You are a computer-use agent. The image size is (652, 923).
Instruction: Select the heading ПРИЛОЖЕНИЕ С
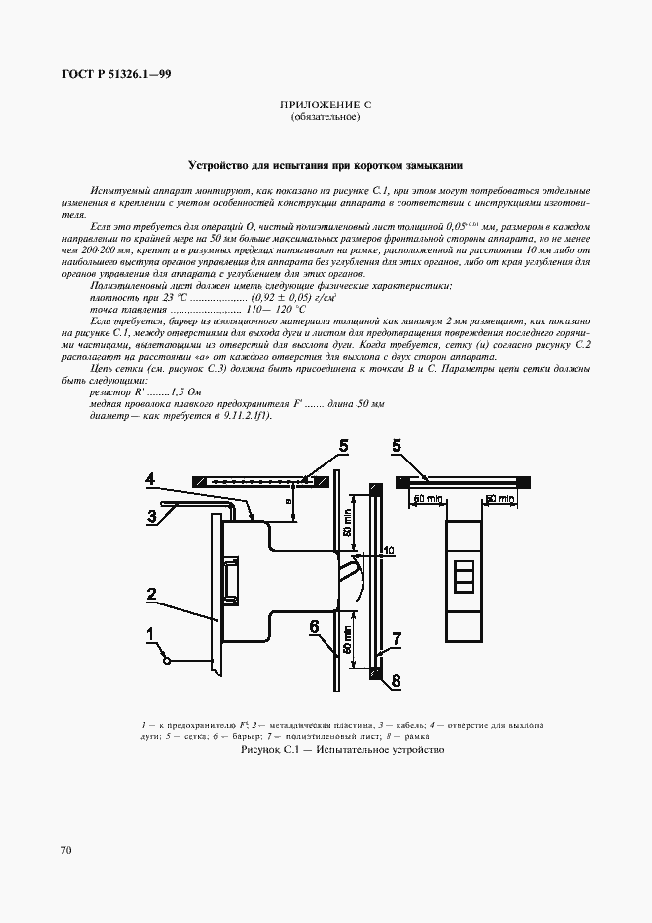coord(325,105)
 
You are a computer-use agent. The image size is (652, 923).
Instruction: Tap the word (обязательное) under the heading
coord(325,118)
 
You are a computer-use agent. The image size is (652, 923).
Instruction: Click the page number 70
coord(66,849)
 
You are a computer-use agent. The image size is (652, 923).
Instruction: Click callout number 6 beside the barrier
coord(313,626)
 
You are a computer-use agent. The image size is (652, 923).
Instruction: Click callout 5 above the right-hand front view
coord(396,447)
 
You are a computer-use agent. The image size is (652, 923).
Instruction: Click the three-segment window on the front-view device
coord(463,574)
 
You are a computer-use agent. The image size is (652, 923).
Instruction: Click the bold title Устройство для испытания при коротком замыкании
coord(325,165)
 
